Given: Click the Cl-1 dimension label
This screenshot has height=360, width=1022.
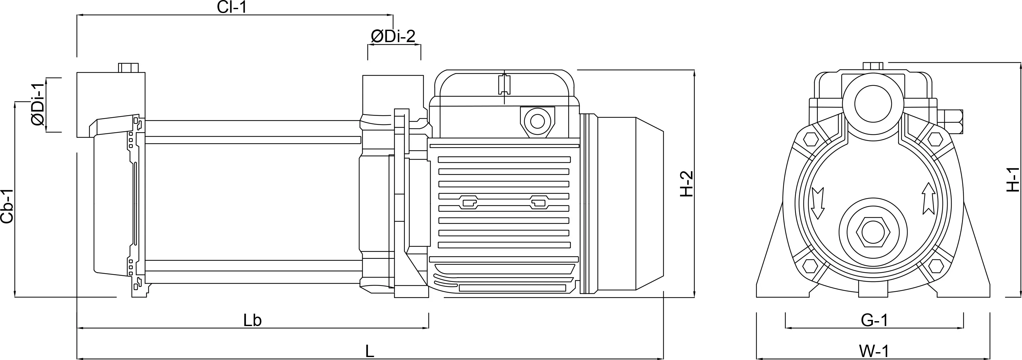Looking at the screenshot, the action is click(x=232, y=7).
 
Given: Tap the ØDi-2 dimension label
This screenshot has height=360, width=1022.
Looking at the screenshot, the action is click(x=393, y=37).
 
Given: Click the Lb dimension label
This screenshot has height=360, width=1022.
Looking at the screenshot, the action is click(x=252, y=320).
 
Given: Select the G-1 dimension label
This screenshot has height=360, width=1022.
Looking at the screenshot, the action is click(x=874, y=320).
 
